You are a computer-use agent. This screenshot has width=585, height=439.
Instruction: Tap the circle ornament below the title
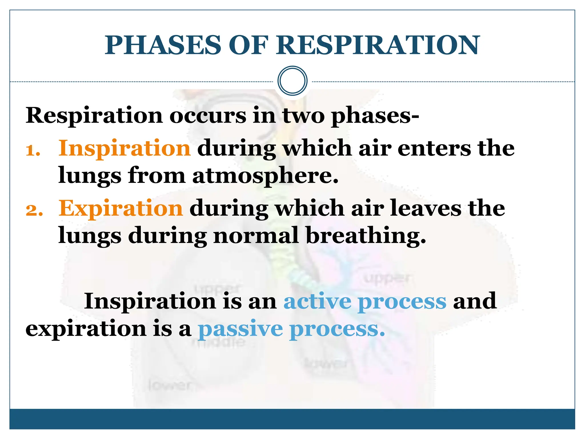(x=292, y=81)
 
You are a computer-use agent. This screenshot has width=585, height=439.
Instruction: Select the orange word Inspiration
(x=125, y=149)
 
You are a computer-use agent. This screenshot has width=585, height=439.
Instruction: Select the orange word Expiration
(x=121, y=209)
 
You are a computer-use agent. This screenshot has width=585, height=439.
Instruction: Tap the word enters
(x=434, y=149)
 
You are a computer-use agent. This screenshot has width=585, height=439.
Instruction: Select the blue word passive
(x=240, y=330)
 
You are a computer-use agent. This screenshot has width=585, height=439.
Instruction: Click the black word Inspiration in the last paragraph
(x=150, y=302)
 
